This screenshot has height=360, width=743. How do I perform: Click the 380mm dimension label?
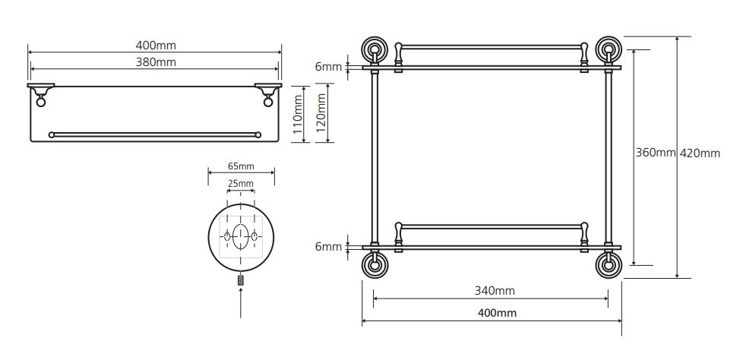(156, 62)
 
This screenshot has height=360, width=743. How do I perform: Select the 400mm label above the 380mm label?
(156, 46)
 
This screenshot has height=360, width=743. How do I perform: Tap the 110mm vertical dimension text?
(298, 114)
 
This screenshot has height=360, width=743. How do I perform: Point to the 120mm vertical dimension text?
(321, 112)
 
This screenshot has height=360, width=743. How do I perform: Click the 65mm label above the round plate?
(241, 166)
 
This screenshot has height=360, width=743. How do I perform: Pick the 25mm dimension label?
(240, 183)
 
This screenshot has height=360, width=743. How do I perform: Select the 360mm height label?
(656, 153)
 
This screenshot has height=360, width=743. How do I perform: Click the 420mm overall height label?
(700, 153)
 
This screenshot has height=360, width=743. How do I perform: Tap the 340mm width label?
(495, 290)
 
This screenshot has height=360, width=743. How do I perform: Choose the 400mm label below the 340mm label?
(496, 313)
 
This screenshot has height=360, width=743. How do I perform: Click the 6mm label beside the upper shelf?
(328, 67)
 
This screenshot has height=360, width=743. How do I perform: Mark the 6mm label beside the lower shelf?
(328, 247)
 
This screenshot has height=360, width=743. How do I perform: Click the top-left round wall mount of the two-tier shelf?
(375, 49)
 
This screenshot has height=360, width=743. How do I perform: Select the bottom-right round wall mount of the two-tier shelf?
(609, 264)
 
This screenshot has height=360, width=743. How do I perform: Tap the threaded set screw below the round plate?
(241, 279)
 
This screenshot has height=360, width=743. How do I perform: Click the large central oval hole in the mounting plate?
(241, 236)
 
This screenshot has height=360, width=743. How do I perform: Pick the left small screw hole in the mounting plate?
(227, 236)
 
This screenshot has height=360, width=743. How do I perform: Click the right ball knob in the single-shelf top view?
(268, 100)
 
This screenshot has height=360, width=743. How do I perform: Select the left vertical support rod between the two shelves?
(375, 158)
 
